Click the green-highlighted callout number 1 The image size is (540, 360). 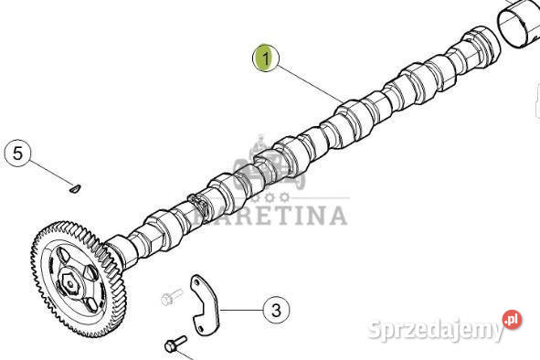click(x=266, y=58)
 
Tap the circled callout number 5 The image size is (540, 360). click(x=18, y=153)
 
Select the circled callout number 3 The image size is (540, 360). click(x=276, y=310)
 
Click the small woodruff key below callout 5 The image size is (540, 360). click(x=76, y=188)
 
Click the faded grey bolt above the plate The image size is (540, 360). click(x=172, y=297)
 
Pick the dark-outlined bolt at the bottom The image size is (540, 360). click(x=175, y=344)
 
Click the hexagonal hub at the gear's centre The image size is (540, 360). click(x=70, y=283)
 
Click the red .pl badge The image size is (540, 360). click(x=512, y=320)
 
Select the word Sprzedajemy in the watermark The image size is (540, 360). click(x=435, y=329)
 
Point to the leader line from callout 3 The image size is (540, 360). click(x=242, y=311)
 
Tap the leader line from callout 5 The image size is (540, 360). click(x=51, y=173)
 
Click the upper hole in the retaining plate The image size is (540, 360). click(x=197, y=283)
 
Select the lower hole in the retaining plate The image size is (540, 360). click(x=201, y=327)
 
